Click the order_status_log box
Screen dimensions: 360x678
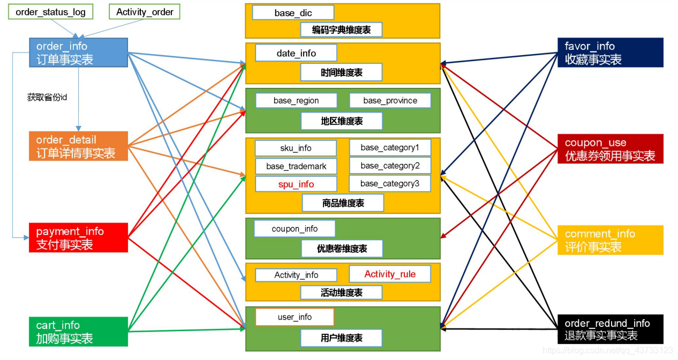click(x=50, y=12)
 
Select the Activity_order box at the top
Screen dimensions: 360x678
click(x=145, y=12)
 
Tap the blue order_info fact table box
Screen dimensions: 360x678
click(x=78, y=52)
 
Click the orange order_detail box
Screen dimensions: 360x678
click(x=78, y=146)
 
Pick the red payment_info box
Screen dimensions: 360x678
click(x=78, y=238)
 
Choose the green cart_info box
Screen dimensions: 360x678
click(x=78, y=332)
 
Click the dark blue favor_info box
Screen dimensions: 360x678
click(x=610, y=52)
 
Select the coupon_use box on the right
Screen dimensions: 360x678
click(x=610, y=149)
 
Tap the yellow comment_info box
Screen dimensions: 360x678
click(x=610, y=240)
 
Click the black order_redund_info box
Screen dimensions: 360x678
click(x=610, y=329)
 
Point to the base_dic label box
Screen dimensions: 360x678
click(x=293, y=13)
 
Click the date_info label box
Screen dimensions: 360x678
click(x=296, y=53)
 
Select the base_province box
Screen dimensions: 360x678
click(x=390, y=101)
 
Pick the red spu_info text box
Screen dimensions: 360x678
click(x=296, y=184)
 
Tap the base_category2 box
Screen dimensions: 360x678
click(x=390, y=166)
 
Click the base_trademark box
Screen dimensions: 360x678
click(x=296, y=166)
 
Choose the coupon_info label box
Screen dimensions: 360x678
click(x=295, y=229)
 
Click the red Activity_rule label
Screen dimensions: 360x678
click(x=390, y=274)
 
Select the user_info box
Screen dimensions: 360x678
click(x=295, y=317)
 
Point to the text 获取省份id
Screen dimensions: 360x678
click(x=47, y=97)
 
